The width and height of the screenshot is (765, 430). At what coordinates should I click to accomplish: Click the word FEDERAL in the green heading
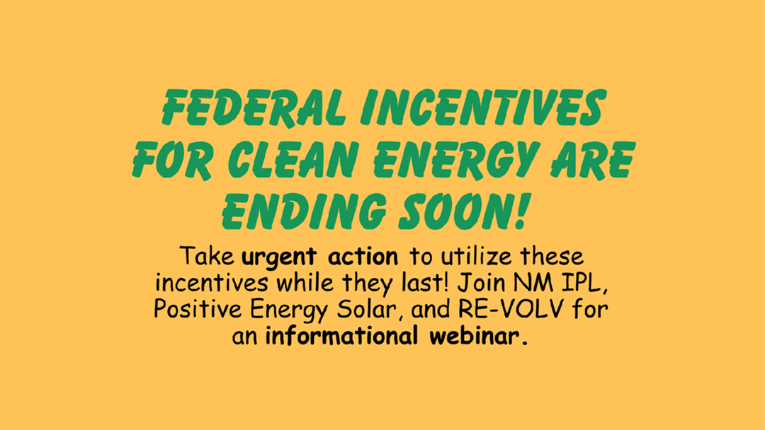tap(254, 107)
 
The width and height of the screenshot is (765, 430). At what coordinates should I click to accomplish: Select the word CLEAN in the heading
tap(293, 159)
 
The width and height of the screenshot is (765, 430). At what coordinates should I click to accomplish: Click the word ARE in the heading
tap(594, 159)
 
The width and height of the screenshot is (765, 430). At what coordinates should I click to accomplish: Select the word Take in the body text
tap(207, 256)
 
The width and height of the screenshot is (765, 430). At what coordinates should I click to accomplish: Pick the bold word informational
tap(341, 336)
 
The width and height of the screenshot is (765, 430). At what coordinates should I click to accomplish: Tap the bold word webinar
tap(479, 336)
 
